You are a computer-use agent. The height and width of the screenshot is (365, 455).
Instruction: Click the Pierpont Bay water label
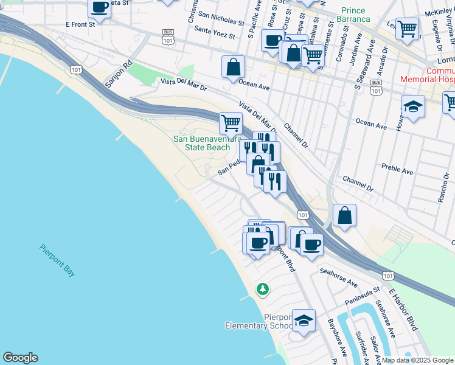click(x=58, y=260)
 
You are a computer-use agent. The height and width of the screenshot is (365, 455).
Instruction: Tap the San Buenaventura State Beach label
click(x=202, y=143)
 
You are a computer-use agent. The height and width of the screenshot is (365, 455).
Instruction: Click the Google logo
click(x=20, y=358)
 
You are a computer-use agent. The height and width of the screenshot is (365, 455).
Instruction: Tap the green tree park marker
click(x=263, y=289)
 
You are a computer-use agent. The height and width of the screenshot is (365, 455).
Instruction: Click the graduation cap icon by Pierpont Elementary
click(x=304, y=320)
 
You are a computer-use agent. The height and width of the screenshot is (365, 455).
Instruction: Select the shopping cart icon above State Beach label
click(x=231, y=122)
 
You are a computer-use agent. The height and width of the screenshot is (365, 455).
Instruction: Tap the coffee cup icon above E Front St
click(x=99, y=8)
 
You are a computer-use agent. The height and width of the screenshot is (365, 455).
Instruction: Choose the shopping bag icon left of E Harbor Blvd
click(x=344, y=215)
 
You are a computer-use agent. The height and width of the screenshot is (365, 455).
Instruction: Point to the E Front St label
click(x=80, y=24)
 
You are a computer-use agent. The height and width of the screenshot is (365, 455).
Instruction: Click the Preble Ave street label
click(x=397, y=169)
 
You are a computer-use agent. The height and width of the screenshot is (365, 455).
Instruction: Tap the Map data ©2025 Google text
click(x=416, y=360)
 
